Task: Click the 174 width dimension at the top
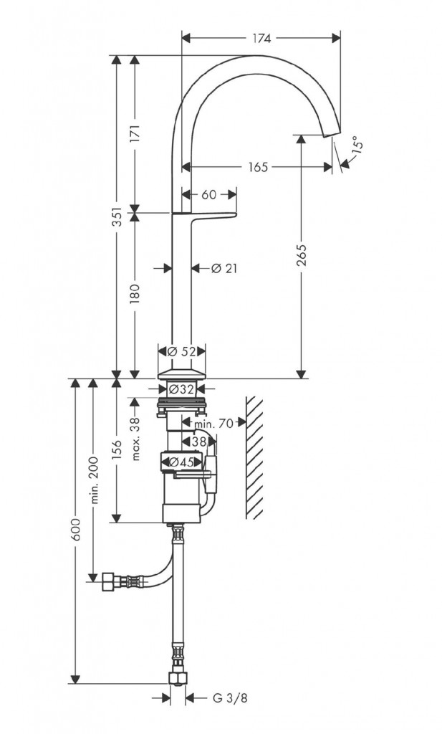tap(262, 39)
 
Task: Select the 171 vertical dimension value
tap(135, 133)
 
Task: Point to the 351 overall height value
tap(117, 216)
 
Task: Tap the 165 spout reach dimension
tap(258, 167)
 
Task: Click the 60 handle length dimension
tap(209, 194)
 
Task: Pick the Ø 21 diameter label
tap(224, 269)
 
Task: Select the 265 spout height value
tap(302, 255)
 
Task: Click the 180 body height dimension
tap(135, 293)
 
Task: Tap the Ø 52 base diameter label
tap(181, 351)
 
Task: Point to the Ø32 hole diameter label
tap(181, 389)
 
